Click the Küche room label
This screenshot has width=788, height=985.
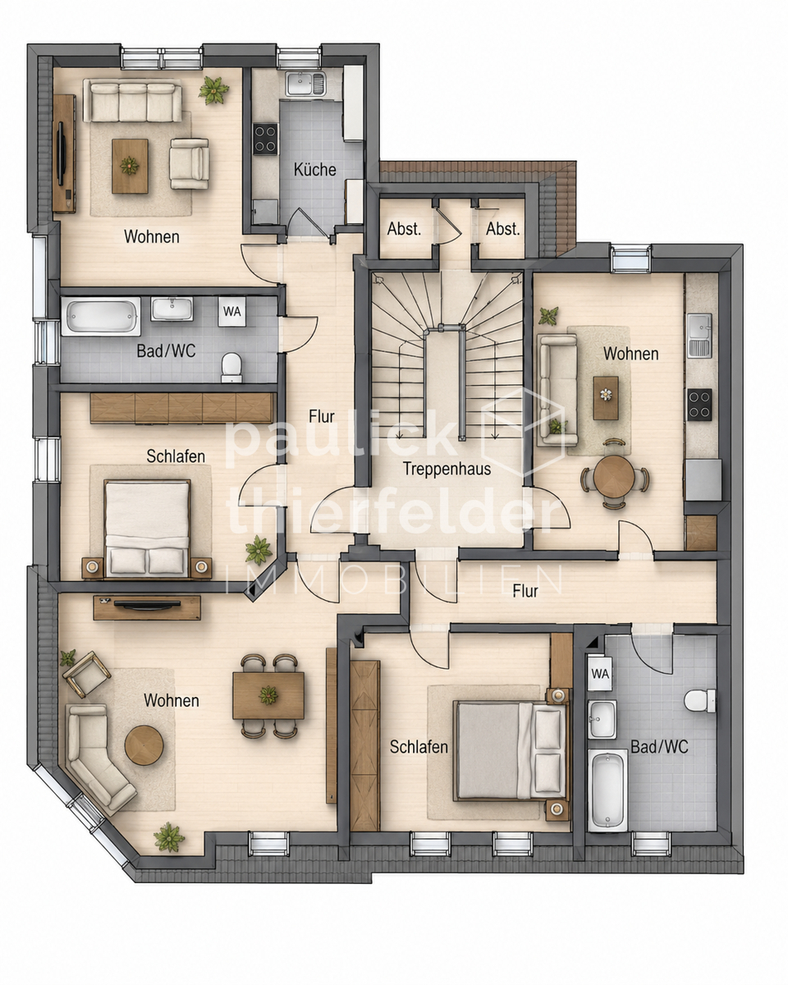pyautogui.click(x=314, y=170)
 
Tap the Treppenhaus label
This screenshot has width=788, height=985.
pyautogui.click(x=447, y=469)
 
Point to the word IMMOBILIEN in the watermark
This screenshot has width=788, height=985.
pyautogui.click(x=395, y=581)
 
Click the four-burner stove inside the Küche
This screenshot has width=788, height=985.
pyautogui.click(x=265, y=139)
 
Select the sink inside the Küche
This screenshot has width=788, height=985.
pyautogui.click(x=305, y=83)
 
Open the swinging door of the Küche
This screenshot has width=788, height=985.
pyautogui.click(x=314, y=224)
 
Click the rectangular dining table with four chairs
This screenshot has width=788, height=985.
pyautogui.click(x=268, y=695)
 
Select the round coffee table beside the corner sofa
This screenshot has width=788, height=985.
pyautogui.click(x=144, y=745)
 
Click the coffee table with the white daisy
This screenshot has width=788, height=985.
pyautogui.click(x=605, y=397)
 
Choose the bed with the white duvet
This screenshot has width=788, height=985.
pyautogui.click(x=147, y=529)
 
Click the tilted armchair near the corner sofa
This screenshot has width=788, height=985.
pyautogui.click(x=86, y=674)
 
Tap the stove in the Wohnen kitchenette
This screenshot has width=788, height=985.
pyautogui.click(x=699, y=405)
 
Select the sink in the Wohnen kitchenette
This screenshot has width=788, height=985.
pyautogui.click(x=699, y=335)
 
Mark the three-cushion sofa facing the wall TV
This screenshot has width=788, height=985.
pyautogui.click(x=133, y=102)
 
